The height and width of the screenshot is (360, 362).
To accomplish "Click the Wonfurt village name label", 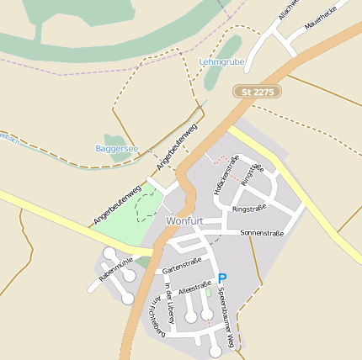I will [x=185, y=220].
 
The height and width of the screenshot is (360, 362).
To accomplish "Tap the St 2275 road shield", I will [x=257, y=91].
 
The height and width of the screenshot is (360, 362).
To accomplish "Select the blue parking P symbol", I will [x=222, y=278].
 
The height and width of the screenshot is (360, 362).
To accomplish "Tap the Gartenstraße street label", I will [x=184, y=265].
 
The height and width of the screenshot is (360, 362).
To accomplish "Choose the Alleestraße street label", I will [x=195, y=288].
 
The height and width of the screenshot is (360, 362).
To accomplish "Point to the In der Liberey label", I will [x=171, y=299].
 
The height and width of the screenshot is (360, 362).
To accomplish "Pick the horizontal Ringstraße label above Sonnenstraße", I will [x=249, y=208].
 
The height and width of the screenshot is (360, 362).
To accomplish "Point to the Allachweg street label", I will [x=289, y=9].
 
